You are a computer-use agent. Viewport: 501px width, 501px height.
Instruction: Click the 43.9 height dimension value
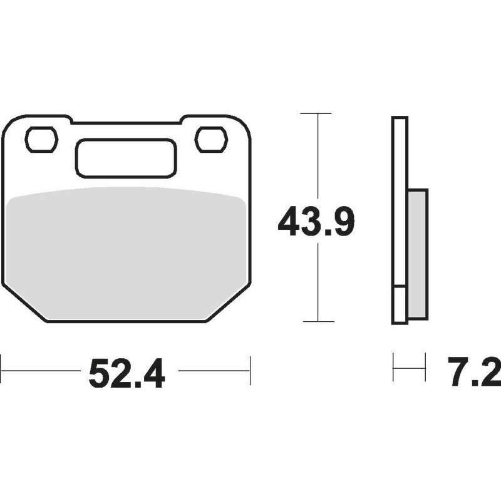[316, 221]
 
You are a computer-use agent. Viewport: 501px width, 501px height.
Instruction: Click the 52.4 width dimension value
[127, 373]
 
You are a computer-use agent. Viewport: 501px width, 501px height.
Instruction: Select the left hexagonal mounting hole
[41, 139]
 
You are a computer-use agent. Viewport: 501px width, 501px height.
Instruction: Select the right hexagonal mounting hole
[211, 139]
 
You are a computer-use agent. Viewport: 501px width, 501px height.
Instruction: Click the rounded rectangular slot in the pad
[126, 158]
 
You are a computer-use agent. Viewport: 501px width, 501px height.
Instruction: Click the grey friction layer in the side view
[418, 254]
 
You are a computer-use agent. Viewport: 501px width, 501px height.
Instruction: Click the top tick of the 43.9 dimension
[316, 113]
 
